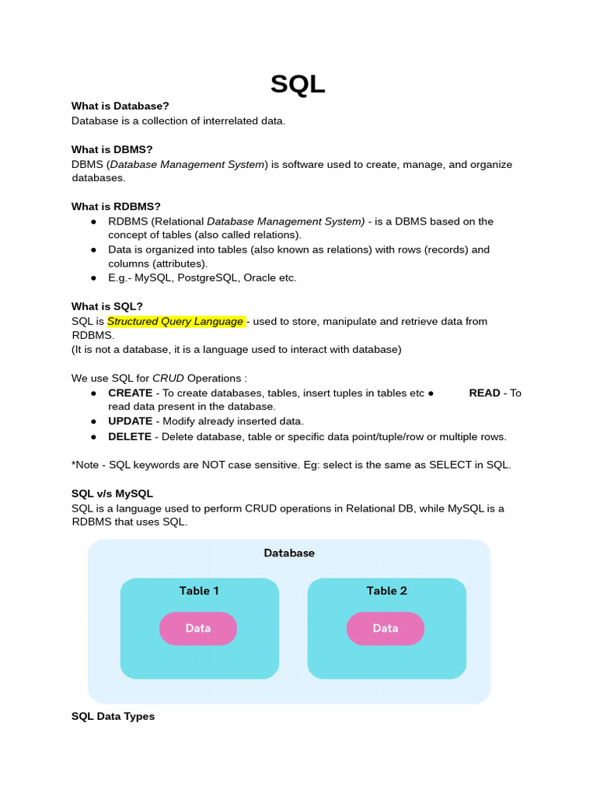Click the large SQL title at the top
tap(298, 83)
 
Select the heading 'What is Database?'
tap(120, 106)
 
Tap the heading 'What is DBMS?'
tap(111, 149)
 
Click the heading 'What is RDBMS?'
tap(116, 206)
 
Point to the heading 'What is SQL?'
tap(107, 306)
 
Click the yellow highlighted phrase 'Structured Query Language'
tap(176, 321)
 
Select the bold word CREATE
tap(130, 393)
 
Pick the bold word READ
tap(484, 393)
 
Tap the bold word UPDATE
tap(130, 421)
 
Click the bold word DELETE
tap(129, 436)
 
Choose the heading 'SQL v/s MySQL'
tap(112, 494)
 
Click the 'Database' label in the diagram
tap(289, 553)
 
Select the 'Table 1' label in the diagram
tap(199, 591)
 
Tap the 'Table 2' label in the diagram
tap(386, 591)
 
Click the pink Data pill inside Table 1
tap(198, 628)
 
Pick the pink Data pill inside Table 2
tap(386, 628)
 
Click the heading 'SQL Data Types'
tap(113, 717)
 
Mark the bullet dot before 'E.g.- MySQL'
tap(93, 278)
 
